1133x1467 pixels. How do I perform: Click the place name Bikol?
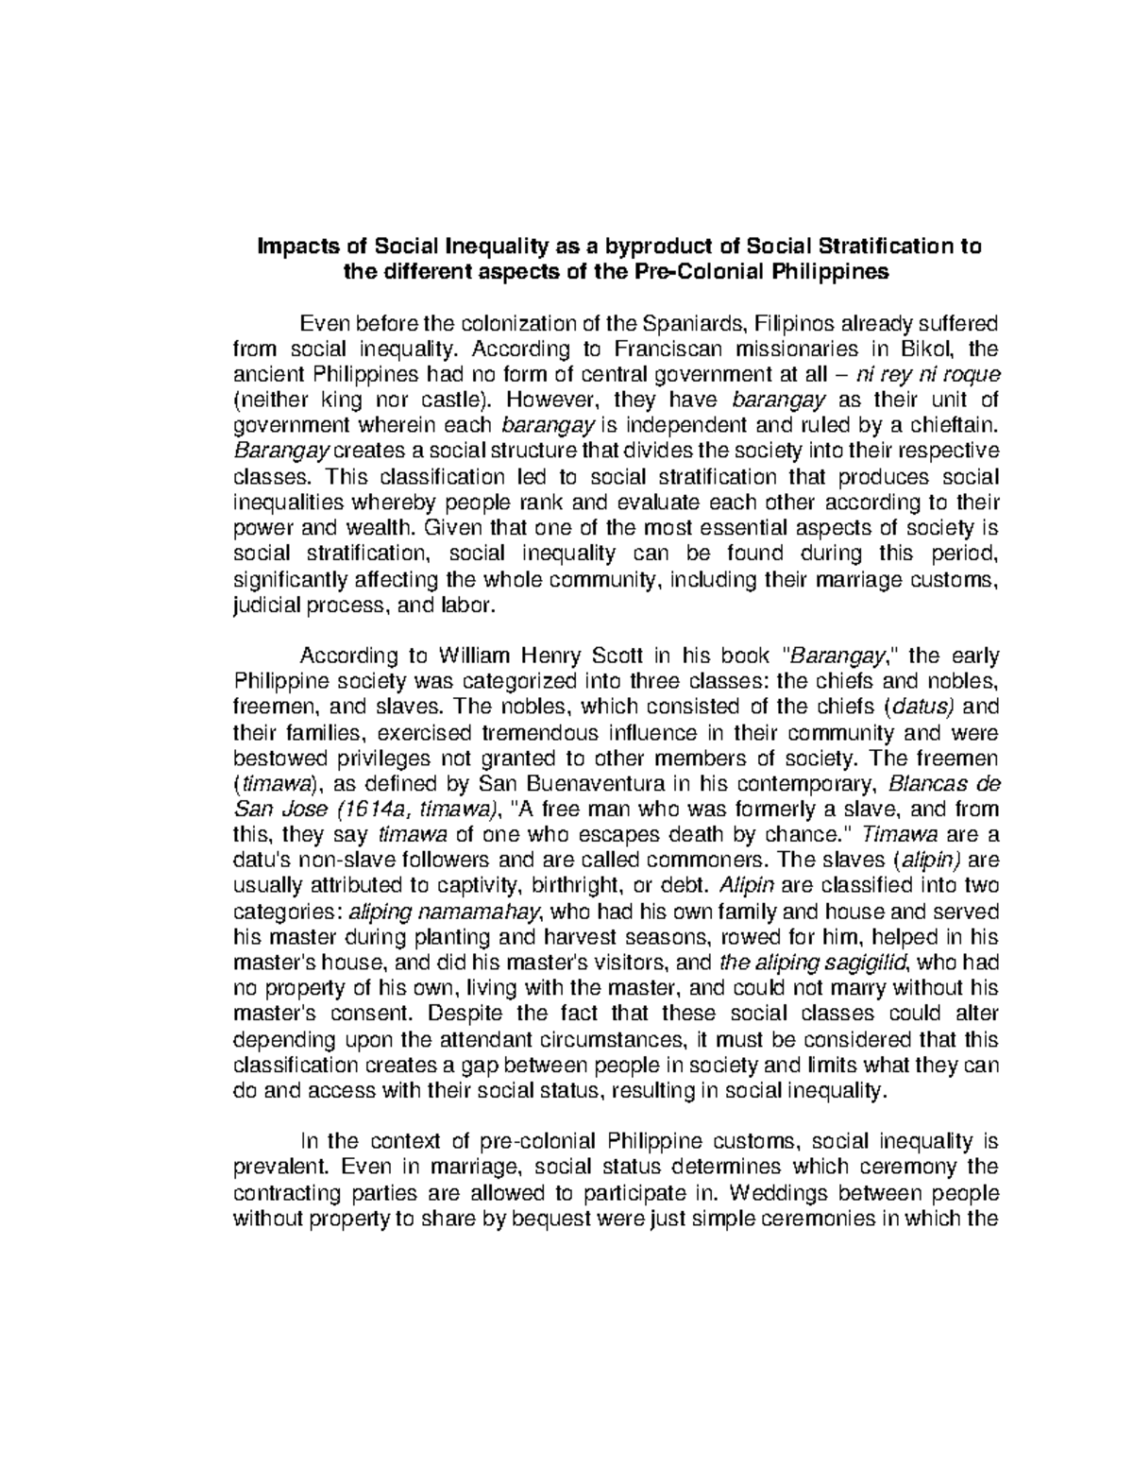click(914, 350)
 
